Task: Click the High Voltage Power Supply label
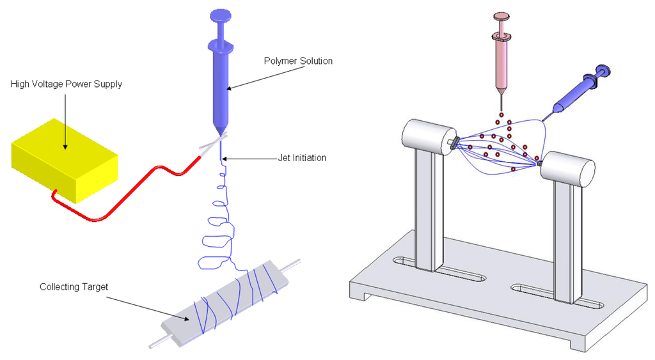pyautogui.click(x=67, y=84)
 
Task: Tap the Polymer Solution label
pyautogui.click(x=298, y=61)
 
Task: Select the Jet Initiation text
pyautogui.click(x=302, y=158)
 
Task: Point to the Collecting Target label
pyautogui.click(x=74, y=287)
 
